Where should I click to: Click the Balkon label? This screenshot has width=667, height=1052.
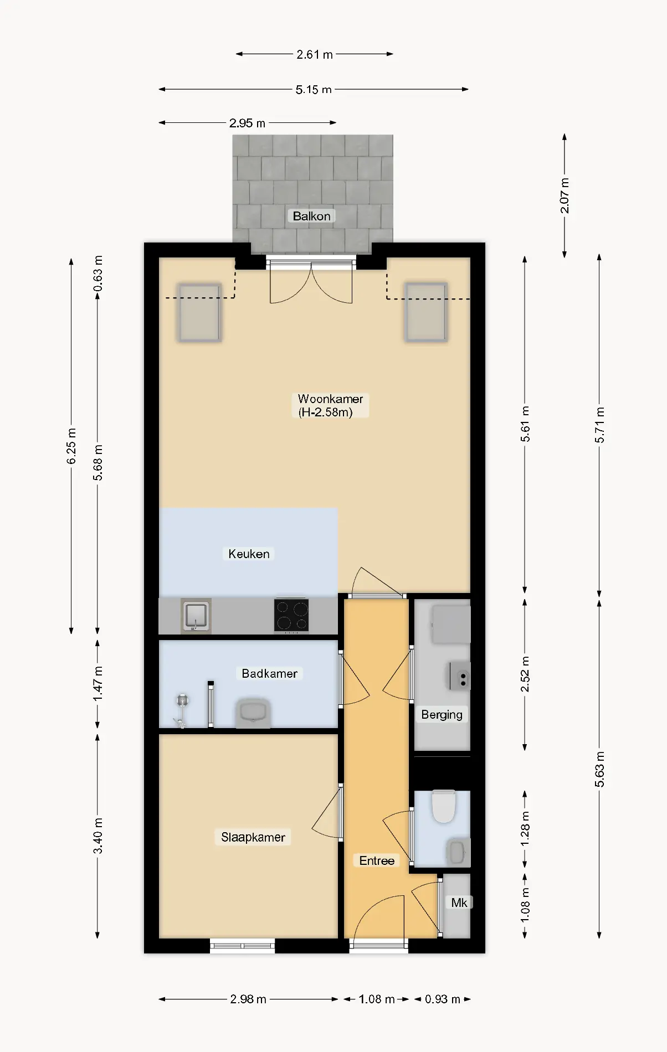(311, 216)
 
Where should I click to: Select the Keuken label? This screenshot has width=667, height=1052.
(249, 554)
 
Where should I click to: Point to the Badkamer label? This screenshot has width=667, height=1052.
(269, 673)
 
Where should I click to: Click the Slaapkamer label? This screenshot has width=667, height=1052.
(253, 837)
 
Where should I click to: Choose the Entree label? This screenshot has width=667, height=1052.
(377, 860)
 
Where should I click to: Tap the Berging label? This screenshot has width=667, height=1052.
(442, 714)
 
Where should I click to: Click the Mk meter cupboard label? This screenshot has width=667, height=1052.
(459, 903)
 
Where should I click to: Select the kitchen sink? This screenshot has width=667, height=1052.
(196, 616)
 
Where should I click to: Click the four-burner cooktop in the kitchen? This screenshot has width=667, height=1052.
(291, 616)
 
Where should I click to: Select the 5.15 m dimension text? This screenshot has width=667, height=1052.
(314, 89)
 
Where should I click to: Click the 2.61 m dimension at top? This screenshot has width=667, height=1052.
(315, 54)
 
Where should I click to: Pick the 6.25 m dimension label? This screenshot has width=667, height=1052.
(71, 446)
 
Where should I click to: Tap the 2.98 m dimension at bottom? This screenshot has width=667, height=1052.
(248, 999)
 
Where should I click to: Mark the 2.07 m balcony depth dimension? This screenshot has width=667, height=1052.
(565, 195)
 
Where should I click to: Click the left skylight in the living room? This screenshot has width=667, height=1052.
(199, 312)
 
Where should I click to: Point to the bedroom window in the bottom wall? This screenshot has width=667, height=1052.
(243, 946)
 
